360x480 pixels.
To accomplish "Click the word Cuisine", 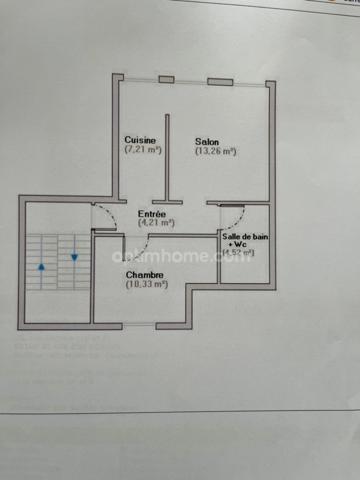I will coord(140,139).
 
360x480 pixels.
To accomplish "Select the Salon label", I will coord(208,141).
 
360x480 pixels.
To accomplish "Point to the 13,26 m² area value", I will coord(215,152).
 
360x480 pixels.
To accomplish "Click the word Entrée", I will coord(152,214).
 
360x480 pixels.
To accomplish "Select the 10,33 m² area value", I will coord(147,285).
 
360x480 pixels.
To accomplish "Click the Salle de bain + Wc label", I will coord(244,240).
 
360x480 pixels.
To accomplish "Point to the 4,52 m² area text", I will coord(240,253).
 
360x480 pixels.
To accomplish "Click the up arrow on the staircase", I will coord(41,268).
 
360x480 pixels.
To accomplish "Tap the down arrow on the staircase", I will coord(74,257).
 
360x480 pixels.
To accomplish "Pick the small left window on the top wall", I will coord(166,79).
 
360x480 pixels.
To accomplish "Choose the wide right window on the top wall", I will coord(221,81).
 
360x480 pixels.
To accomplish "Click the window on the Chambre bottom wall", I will coord(139,326).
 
